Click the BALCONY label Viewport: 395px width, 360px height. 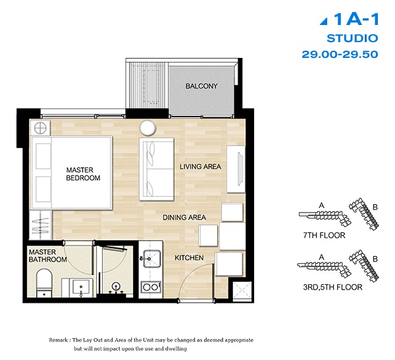(201, 86)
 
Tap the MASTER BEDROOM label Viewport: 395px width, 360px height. (83, 174)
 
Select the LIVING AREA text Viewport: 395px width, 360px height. (201, 167)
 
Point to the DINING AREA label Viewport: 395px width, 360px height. (184, 217)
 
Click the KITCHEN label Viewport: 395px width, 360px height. (189, 258)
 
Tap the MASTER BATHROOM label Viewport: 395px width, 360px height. (48, 256)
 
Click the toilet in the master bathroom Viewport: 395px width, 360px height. (44, 283)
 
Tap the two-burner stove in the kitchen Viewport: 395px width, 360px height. (151, 287)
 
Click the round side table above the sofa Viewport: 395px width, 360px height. (147, 128)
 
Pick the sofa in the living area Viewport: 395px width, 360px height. (157, 169)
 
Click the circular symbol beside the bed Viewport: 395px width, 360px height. (40, 128)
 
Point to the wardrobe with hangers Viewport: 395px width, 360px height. (41, 225)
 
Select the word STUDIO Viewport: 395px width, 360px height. (352, 39)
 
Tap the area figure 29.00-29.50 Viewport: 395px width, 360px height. (340, 54)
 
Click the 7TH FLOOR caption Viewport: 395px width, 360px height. (324, 236)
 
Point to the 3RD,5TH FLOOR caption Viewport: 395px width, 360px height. (332, 287)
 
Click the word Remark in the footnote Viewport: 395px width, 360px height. (58, 340)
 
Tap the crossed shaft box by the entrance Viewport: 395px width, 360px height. (242, 292)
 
